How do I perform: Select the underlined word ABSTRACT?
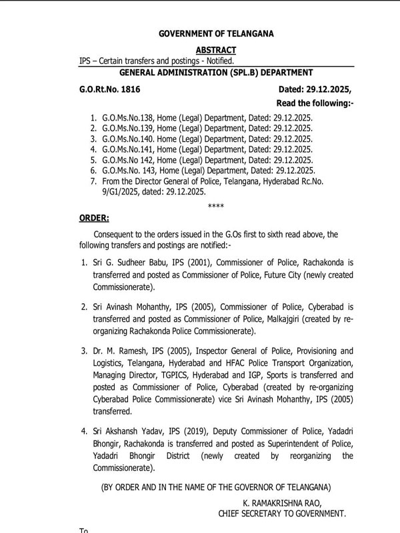[216, 50]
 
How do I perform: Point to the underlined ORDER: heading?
[95, 218]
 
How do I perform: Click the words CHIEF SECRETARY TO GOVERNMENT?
[282, 514]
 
